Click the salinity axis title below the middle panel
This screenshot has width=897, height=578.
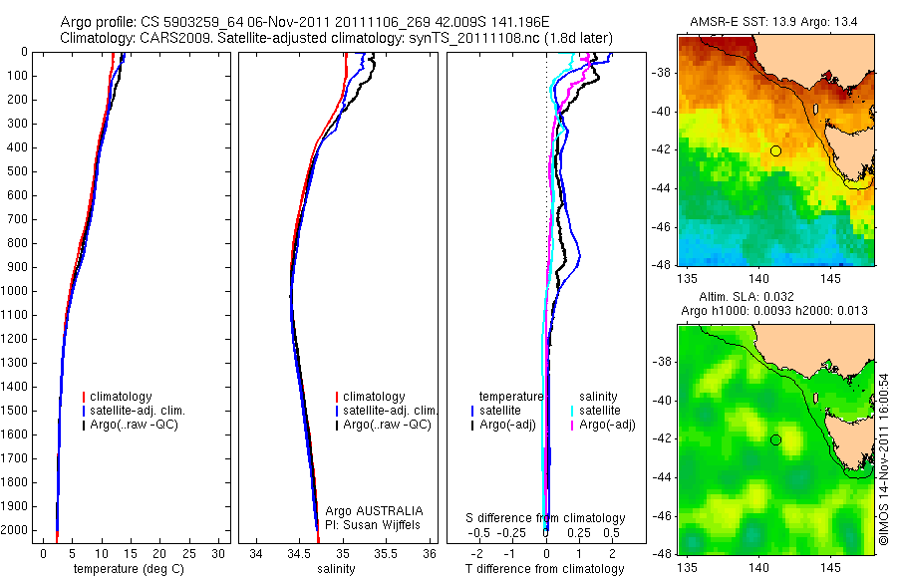(x=336, y=569)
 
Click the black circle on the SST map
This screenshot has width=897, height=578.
(x=775, y=150)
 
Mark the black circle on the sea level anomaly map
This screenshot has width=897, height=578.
(x=775, y=439)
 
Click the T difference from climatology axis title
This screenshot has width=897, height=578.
(x=544, y=569)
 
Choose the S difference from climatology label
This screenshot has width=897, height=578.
(x=546, y=518)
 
